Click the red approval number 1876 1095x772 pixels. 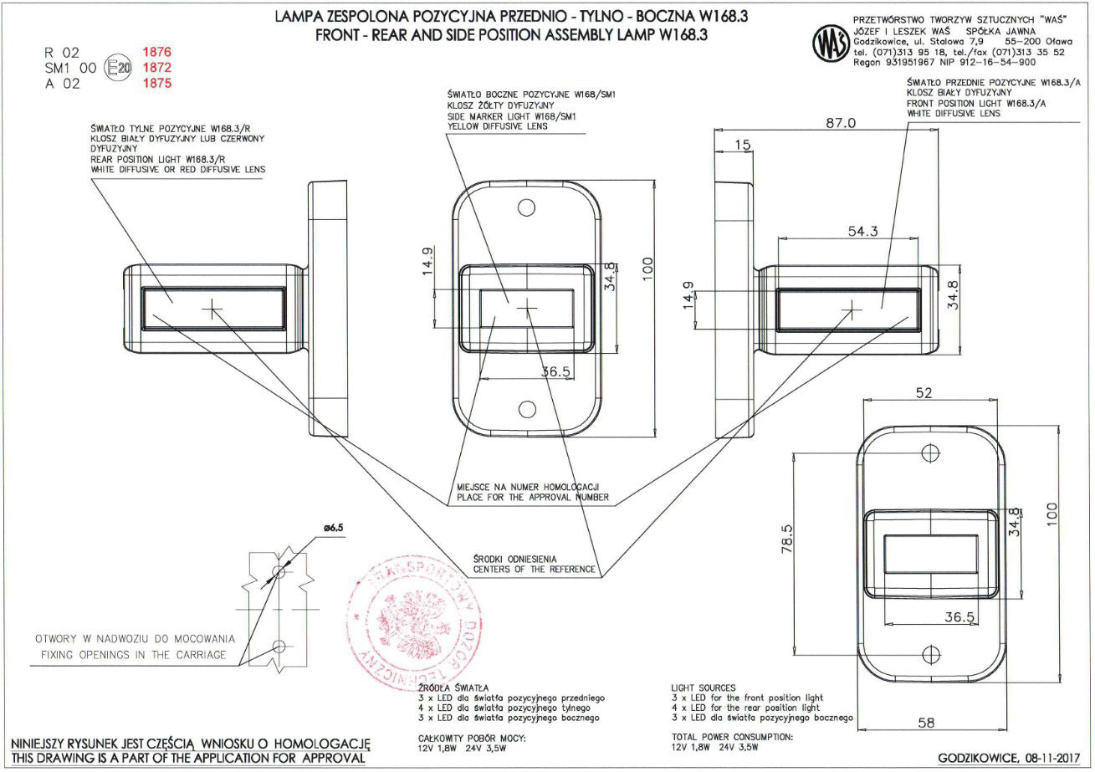tap(157, 52)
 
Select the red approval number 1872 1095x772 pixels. tap(157, 67)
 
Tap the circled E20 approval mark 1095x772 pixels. tap(118, 68)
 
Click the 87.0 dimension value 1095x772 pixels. tap(840, 123)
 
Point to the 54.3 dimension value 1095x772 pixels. tap(862, 232)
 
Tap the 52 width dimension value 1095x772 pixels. tap(924, 394)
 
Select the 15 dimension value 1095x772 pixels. tap(742, 146)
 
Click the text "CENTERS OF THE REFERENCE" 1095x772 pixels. tap(534, 570)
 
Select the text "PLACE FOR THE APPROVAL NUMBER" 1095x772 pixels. tap(532, 498)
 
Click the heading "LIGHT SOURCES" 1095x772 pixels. tap(704, 688)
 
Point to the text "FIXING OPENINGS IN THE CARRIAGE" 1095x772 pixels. tap(133, 655)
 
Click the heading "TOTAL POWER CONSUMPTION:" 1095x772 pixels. tap(731, 737)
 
